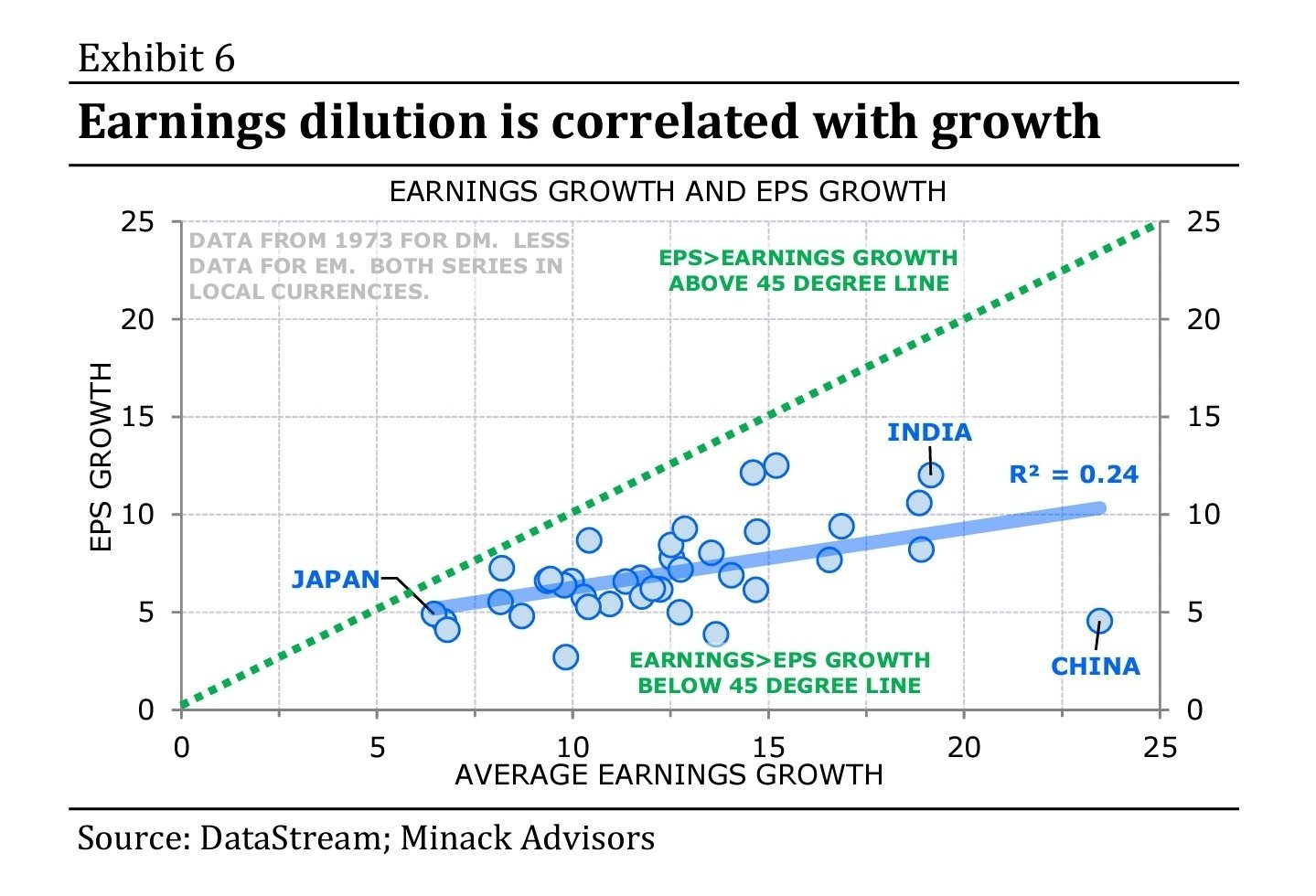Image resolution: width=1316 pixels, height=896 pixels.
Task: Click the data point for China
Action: [x=1099, y=621]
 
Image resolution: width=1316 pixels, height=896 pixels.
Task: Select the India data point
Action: [x=931, y=475]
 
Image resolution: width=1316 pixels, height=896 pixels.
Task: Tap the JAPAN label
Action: [x=335, y=580]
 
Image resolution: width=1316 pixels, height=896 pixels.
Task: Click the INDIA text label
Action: [x=929, y=432]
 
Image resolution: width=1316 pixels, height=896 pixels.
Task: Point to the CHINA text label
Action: [x=1095, y=667]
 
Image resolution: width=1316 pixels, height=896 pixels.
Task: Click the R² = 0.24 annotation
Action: [x=1073, y=475]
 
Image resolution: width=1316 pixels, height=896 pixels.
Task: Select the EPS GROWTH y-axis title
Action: [x=102, y=457]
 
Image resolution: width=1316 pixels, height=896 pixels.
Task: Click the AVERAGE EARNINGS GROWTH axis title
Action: [x=669, y=775]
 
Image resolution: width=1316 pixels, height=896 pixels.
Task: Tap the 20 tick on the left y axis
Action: [x=139, y=320]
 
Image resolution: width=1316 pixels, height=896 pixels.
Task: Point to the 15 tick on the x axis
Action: [x=768, y=748]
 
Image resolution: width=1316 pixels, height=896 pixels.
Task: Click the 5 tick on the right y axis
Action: [x=1194, y=613]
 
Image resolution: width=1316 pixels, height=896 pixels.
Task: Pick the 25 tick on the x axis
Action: [x=1160, y=748]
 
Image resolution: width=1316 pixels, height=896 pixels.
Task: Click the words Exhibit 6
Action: [x=156, y=59]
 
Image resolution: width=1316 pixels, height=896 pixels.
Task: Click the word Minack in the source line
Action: [x=455, y=837]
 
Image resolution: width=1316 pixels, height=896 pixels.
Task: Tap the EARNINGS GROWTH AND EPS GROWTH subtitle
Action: [x=668, y=192]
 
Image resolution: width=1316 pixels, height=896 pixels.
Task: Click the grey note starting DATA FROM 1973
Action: [x=379, y=266]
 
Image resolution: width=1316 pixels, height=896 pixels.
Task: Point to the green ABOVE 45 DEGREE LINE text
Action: [x=808, y=283]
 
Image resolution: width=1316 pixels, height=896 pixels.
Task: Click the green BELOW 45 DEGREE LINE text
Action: [x=779, y=686]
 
